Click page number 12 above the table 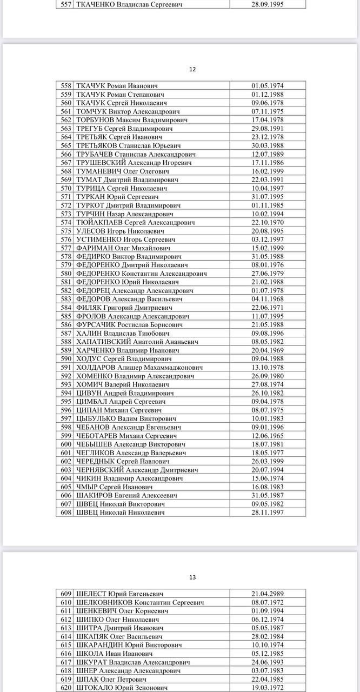coord(192,69)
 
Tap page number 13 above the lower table coord(192,577)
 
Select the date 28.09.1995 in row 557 coord(268,4)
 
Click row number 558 coord(66,86)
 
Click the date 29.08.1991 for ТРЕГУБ coord(268,129)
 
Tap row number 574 coord(66,222)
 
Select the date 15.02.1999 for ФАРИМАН coord(268,248)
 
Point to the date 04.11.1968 coord(268,299)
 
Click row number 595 coord(66,401)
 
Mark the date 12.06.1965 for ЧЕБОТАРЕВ coord(268,435)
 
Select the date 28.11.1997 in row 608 coord(268,512)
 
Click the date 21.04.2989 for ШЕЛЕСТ coord(268,594)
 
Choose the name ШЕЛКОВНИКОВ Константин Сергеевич coord(139,602)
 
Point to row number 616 coord(66,653)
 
